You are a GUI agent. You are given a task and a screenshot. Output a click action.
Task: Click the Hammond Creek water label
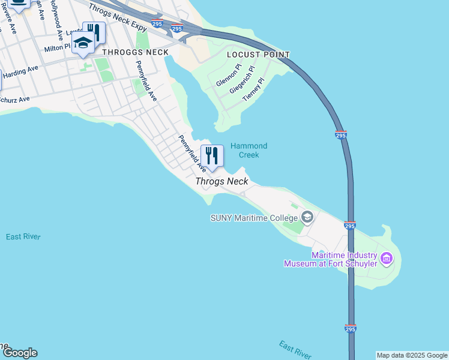(249, 150)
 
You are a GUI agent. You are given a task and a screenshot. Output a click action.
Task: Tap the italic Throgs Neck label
(221, 181)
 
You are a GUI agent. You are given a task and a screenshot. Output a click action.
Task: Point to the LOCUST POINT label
(258, 55)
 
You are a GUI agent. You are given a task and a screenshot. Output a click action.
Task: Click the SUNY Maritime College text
(255, 217)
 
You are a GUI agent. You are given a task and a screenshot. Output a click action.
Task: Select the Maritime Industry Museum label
(331, 259)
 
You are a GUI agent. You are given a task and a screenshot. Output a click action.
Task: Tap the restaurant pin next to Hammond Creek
(212, 156)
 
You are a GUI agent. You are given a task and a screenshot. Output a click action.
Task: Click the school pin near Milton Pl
(83, 43)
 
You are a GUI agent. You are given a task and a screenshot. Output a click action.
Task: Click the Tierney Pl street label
(253, 89)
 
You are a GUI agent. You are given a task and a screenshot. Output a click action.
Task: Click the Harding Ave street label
(21, 71)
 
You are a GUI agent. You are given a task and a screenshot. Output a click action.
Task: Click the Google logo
(20, 353)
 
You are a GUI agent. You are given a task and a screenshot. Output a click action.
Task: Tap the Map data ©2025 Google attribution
(412, 355)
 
